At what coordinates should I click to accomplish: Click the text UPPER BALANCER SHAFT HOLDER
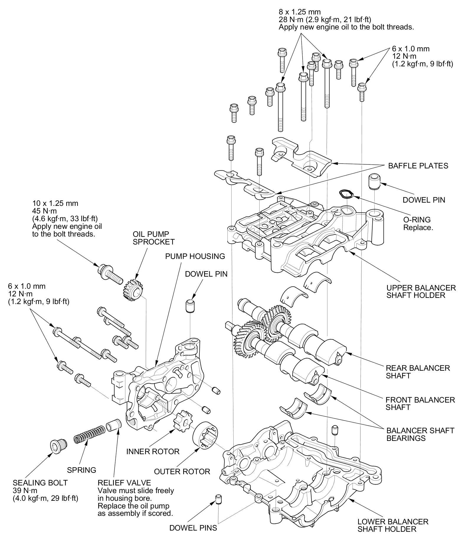[421, 291]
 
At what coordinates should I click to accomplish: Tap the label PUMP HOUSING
[195, 256]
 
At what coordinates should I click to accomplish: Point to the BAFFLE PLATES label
[418, 166]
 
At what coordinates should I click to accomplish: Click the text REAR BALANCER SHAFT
[418, 372]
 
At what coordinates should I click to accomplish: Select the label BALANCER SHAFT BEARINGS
[420, 434]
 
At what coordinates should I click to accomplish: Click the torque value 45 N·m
[45, 211]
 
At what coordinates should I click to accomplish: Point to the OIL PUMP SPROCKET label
[153, 238]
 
